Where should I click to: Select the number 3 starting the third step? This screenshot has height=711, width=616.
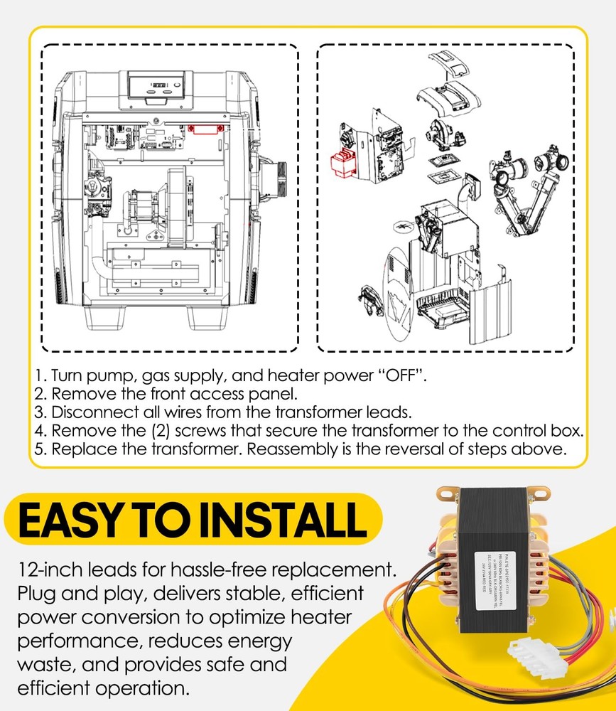[38, 412]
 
